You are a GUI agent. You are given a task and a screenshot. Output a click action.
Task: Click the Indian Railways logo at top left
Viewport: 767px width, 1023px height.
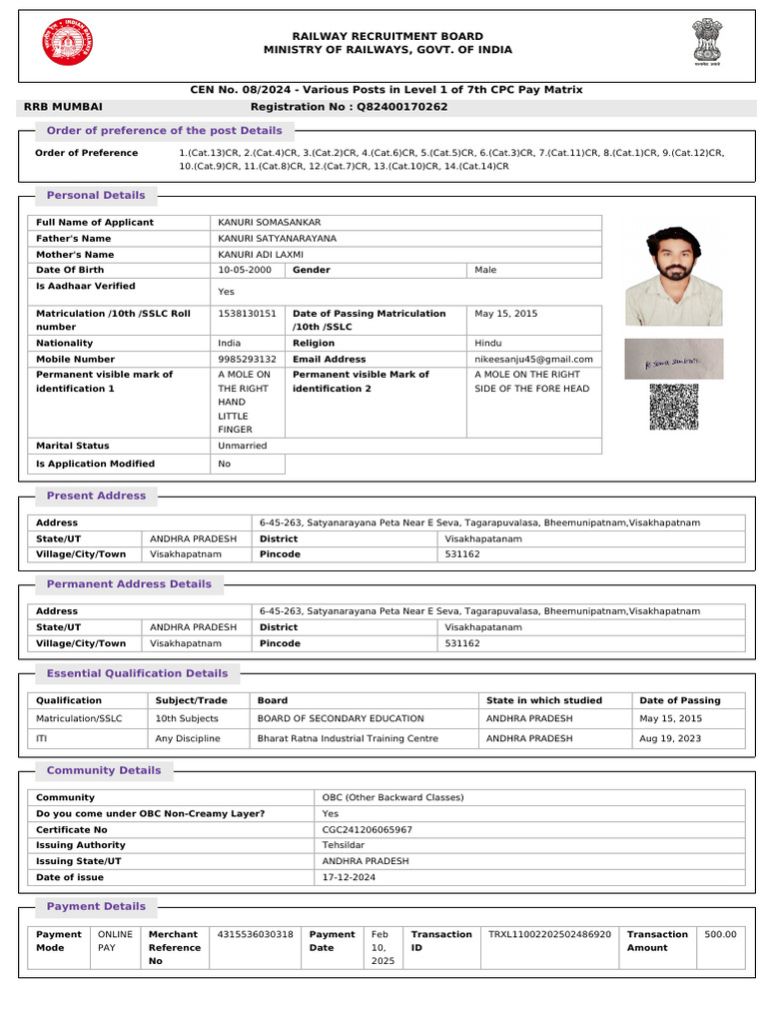(65, 43)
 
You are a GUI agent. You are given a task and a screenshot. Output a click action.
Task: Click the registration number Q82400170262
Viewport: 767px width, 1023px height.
(396, 106)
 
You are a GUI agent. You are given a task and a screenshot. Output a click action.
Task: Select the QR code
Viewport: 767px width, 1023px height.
(674, 407)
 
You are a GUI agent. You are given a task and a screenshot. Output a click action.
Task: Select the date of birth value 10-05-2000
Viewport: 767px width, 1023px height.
(245, 271)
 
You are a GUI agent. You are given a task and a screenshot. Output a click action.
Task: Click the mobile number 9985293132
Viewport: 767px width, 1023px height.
(247, 359)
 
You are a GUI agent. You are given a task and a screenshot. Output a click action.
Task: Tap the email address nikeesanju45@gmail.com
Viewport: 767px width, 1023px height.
(533, 359)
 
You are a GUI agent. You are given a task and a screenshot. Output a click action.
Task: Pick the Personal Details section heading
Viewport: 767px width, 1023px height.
(96, 195)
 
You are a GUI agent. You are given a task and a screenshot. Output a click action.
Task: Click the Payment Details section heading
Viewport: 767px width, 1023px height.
(96, 906)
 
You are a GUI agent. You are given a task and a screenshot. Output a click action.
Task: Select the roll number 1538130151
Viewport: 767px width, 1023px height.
(247, 314)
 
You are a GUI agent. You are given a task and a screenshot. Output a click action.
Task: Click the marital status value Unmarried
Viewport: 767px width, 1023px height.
(243, 446)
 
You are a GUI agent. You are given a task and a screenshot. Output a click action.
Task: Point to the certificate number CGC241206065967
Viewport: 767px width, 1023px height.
(367, 829)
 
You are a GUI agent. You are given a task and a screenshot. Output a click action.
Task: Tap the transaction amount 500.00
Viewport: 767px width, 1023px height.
(720, 934)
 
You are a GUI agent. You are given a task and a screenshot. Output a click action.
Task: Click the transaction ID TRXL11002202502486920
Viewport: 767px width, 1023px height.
(549, 934)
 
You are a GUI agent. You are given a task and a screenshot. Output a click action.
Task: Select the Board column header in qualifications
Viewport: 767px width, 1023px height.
(273, 700)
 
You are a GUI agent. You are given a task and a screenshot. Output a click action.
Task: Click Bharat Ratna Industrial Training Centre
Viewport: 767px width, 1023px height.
(348, 738)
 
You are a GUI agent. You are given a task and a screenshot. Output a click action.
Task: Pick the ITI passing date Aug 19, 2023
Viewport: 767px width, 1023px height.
(670, 738)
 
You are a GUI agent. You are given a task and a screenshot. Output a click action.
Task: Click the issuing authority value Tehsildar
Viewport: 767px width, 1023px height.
(343, 845)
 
